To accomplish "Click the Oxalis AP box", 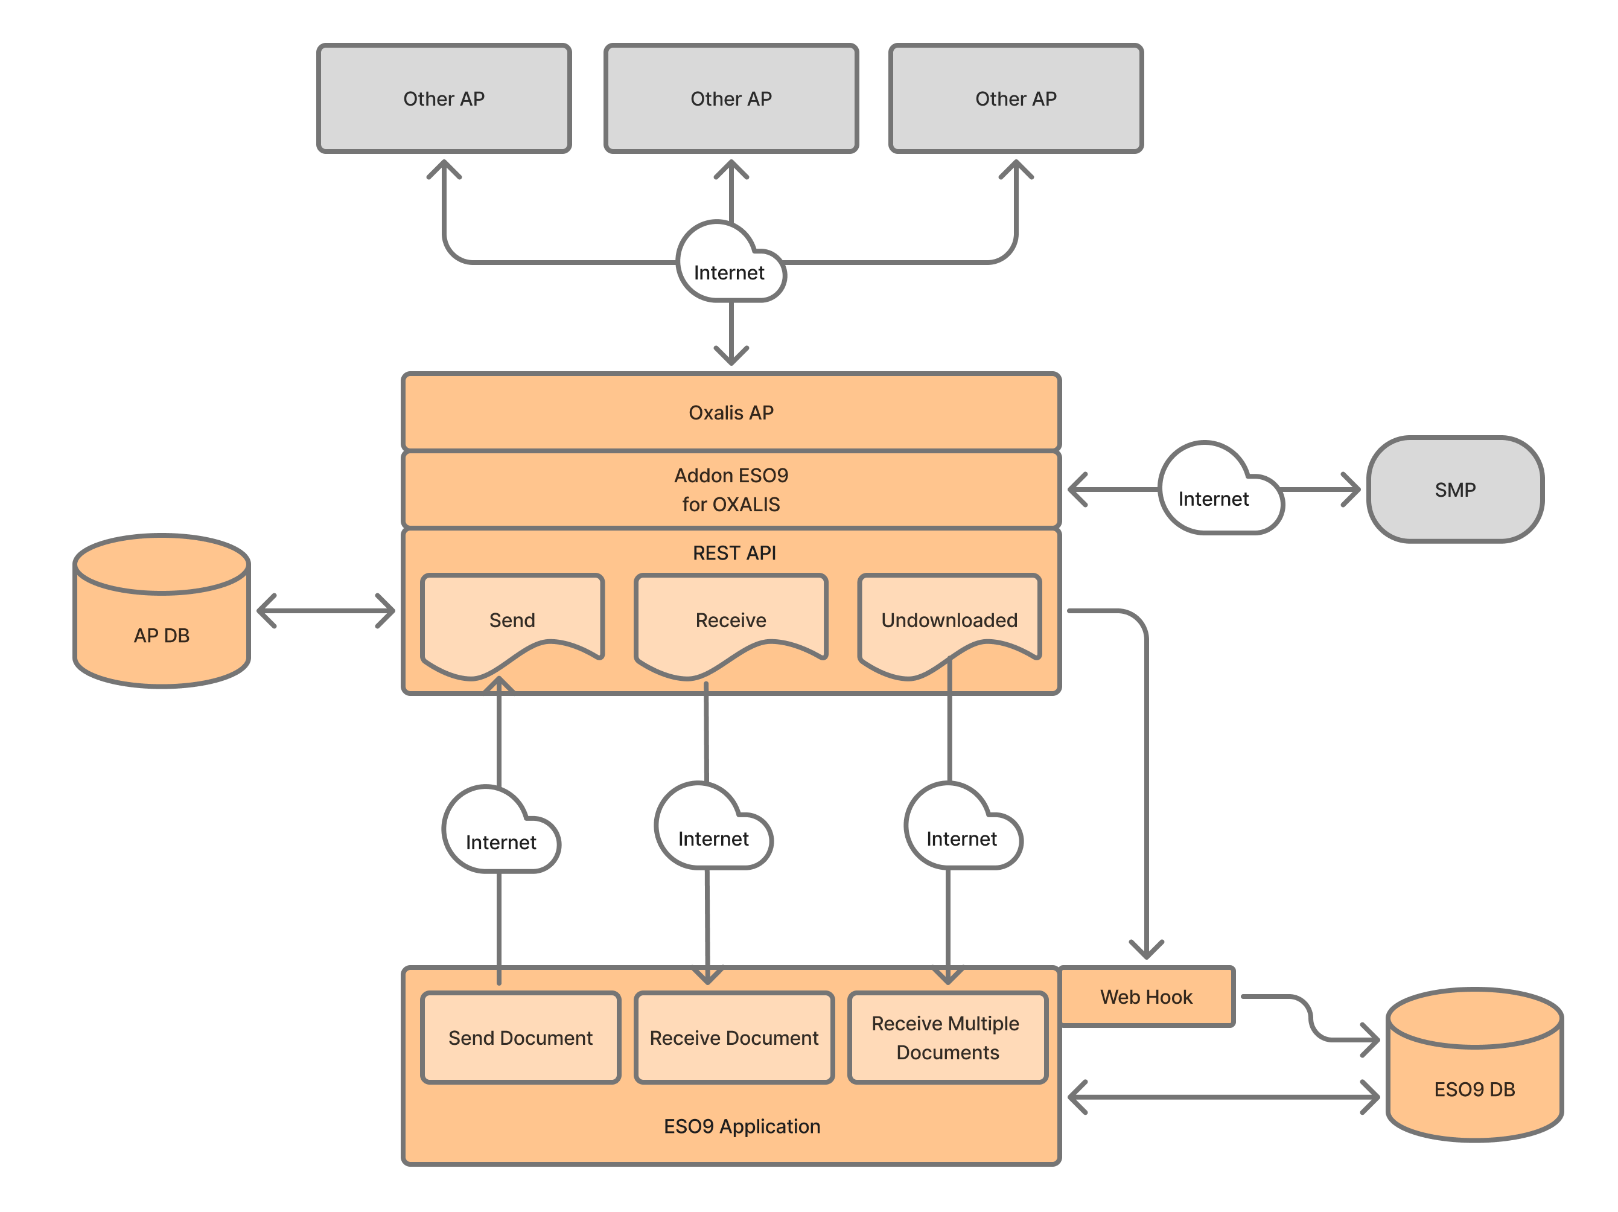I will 731,412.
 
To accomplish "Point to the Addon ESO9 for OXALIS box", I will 731,490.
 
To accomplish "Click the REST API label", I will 734,553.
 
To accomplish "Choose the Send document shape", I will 512,620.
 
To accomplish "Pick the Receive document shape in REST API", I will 731,620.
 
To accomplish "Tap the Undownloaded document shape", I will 949,620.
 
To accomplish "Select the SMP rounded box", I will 1455,490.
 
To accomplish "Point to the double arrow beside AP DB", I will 325,611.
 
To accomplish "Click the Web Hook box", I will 1146,997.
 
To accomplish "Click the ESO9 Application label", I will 742,1126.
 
